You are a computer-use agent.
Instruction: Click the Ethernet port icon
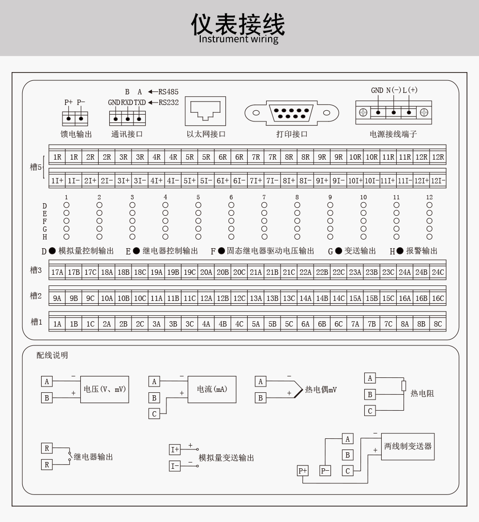point(205,111)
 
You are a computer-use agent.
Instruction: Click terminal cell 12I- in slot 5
point(438,180)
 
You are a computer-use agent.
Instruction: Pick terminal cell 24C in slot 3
point(438,272)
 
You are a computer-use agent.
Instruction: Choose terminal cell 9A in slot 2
point(57,298)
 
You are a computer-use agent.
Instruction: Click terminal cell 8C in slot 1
point(438,324)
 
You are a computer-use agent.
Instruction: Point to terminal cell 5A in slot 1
point(256,324)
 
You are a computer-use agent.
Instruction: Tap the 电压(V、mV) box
point(104,389)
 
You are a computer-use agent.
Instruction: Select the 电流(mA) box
point(212,389)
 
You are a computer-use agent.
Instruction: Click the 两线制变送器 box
point(407,446)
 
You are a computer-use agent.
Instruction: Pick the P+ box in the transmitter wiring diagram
point(303,471)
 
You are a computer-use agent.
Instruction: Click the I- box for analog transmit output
point(175,466)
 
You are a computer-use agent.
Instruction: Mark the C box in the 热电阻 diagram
point(370,411)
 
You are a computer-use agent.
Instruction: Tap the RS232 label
point(168,102)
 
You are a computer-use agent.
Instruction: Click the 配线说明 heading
point(52,356)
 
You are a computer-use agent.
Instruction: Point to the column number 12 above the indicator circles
point(429,197)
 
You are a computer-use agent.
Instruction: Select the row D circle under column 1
point(66,205)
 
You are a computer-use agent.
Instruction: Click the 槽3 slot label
point(36,270)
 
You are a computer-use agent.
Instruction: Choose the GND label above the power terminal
point(377,90)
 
